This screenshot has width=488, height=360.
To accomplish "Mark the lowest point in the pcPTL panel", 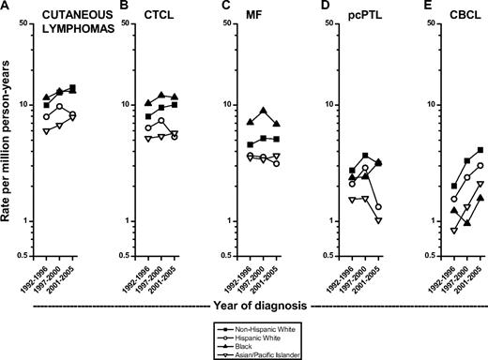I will (378, 219).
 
